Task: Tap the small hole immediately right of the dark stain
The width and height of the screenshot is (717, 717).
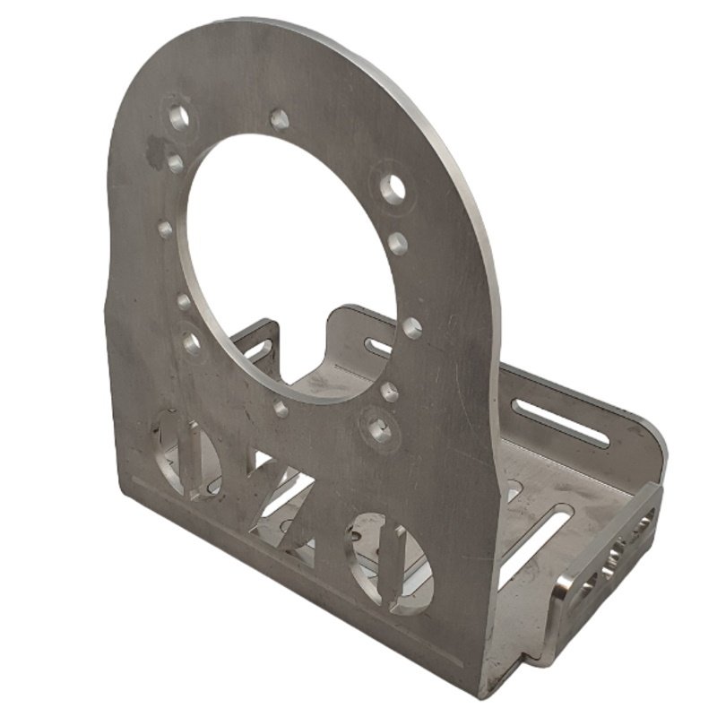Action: point(176,162)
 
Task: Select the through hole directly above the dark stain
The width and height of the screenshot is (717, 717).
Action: point(178,117)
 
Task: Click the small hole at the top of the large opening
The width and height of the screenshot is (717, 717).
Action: point(279,119)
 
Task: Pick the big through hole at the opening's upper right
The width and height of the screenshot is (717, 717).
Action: point(393,187)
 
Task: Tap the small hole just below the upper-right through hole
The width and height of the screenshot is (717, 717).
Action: point(398,243)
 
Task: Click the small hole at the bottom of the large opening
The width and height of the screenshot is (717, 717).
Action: point(281,408)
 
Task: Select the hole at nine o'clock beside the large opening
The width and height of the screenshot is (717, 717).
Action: point(165,229)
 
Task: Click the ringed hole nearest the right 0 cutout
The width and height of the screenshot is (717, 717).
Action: point(379,429)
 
